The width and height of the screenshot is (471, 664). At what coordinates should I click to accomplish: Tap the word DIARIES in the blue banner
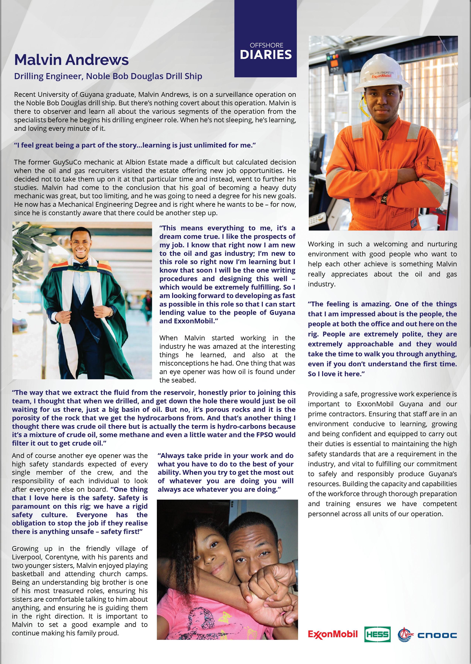point(266,55)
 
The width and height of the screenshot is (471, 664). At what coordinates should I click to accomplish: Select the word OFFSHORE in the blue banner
point(266,45)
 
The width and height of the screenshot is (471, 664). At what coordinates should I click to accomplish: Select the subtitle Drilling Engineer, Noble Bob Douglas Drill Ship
point(108,76)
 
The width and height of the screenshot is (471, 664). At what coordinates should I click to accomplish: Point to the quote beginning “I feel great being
point(135,145)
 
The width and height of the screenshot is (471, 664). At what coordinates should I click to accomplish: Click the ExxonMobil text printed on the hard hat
point(381,76)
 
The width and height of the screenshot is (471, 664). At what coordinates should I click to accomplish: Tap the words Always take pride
point(186,456)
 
